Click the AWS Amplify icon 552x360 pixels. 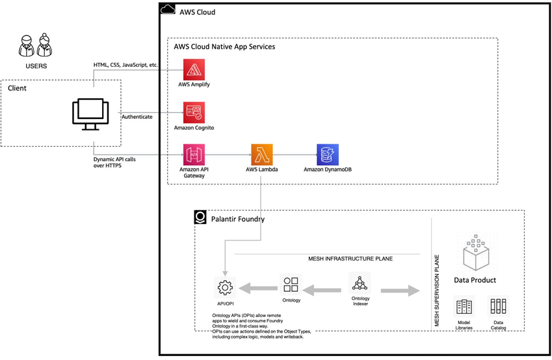click(x=194, y=70)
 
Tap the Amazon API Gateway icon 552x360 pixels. click(x=194, y=155)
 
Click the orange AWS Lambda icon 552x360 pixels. click(x=261, y=155)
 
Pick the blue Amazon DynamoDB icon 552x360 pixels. click(x=327, y=155)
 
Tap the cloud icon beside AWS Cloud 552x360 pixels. click(x=167, y=9)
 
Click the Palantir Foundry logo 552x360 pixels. click(x=201, y=218)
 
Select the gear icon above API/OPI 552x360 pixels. click(x=225, y=287)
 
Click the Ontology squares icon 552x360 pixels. click(x=291, y=285)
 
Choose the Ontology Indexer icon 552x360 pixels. click(x=360, y=283)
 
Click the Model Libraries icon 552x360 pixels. click(x=464, y=306)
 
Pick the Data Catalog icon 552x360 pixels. click(x=498, y=306)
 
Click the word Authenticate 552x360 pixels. click(x=138, y=117)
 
